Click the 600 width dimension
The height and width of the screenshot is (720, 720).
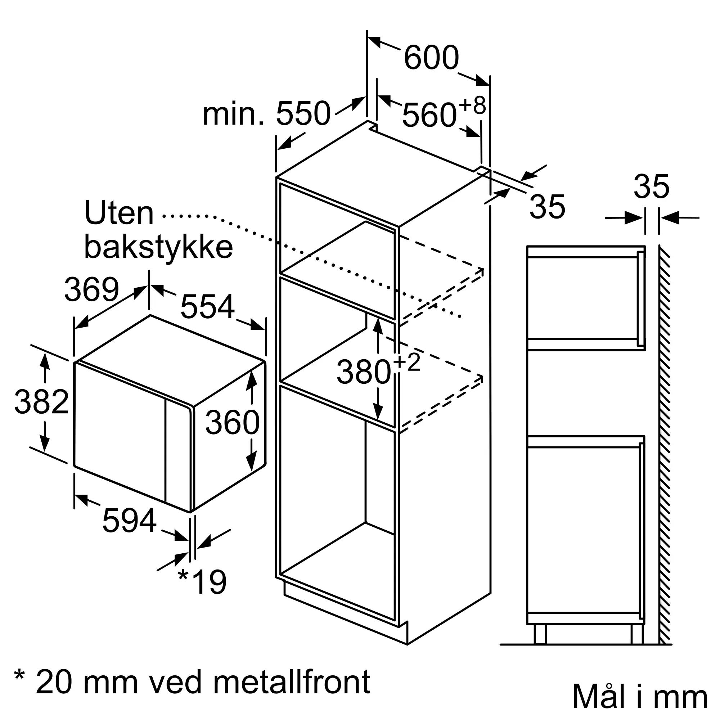(431, 58)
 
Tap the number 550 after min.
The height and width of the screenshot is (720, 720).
(303, 113)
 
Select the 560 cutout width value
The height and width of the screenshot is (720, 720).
(429, 116)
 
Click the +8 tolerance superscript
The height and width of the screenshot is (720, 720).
(472, 105)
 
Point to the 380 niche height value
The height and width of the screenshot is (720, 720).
(364, 372)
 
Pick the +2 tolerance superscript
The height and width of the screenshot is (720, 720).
(406, 363)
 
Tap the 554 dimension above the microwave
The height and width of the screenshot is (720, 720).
(208, 306)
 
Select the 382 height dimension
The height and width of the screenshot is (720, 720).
(42, 402)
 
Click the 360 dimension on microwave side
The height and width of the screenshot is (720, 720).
(233, 422)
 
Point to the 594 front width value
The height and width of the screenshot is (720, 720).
(129, 521)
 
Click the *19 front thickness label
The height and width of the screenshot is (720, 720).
(203, 582)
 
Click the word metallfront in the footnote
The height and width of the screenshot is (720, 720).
(292, 682)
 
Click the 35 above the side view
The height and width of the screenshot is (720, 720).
(652, 187)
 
